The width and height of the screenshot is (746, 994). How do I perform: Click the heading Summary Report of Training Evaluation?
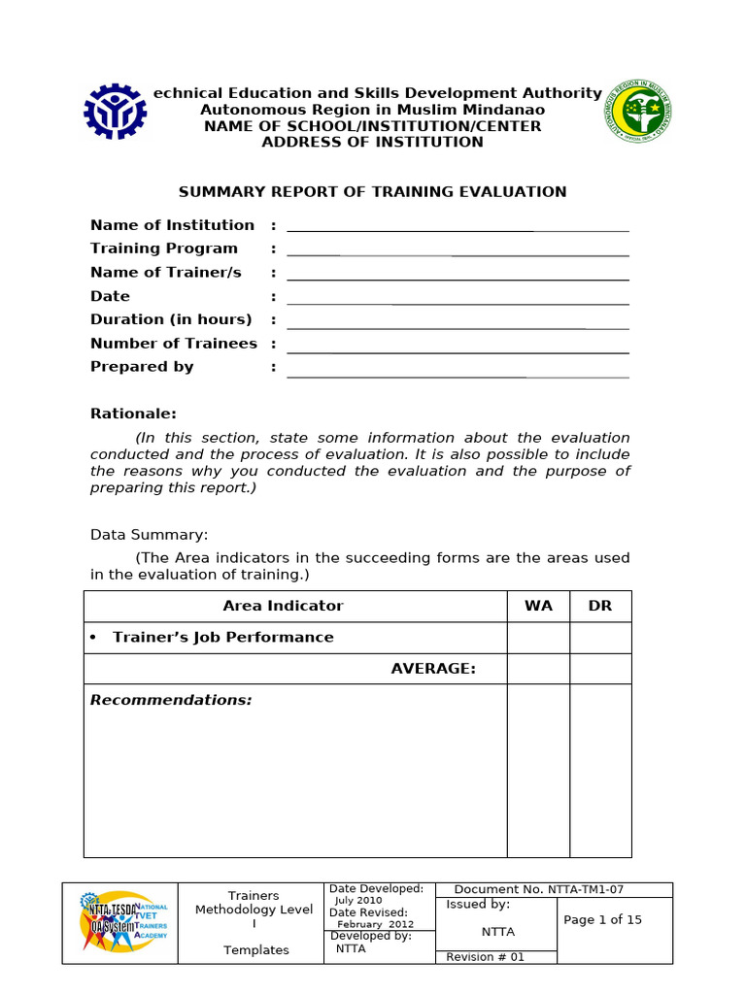[372, 192]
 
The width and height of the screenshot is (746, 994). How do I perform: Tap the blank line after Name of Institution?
[458, 229]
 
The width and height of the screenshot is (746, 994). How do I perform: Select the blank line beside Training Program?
[458, 253]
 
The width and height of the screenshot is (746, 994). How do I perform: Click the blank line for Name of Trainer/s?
[458, 278]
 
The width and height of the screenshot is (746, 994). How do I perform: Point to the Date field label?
[110, 296]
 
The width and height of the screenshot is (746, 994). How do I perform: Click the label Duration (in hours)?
[171, 319]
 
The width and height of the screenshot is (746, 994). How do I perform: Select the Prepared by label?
[142, 367]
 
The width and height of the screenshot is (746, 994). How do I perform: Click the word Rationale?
[133, 414]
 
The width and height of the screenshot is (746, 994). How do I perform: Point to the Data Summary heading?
[149, 535]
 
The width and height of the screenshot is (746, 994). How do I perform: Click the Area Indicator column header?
[283, 606]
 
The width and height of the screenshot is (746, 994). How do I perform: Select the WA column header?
[538, 606]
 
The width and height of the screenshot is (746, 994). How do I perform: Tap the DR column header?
[600, 606]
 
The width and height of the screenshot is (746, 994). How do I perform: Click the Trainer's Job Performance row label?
[222, 638]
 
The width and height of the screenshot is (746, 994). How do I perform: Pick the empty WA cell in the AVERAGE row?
[538, 669]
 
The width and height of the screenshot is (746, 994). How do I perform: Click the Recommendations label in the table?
[171, 700]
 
